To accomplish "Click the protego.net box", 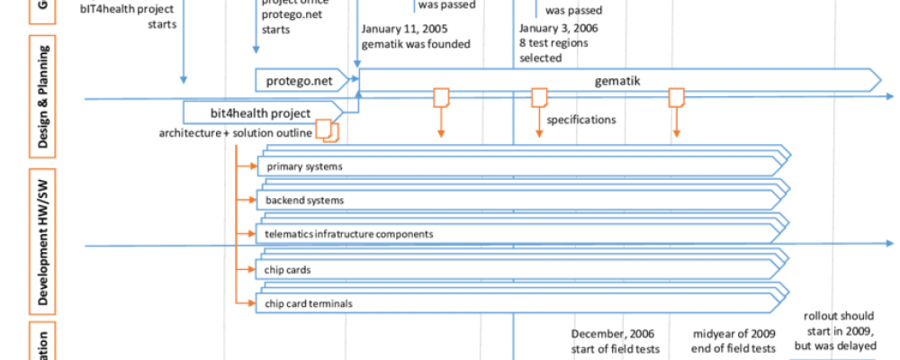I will [300, 80].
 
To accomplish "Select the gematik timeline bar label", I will [616, 80].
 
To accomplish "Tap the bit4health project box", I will [260, 113].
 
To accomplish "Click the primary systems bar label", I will [303, 166].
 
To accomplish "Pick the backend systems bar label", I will [304, 200].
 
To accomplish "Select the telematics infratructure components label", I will [348, 234].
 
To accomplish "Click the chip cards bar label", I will [285, 269].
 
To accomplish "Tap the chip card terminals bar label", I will [309, 303].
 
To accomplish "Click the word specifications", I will [581, 119].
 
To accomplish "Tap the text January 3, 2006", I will [558, 28].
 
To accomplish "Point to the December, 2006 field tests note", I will [616, 340].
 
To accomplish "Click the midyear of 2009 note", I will [733, 340].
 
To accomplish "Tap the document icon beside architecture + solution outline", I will [327, 132].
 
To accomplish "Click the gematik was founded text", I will [415, 43].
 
